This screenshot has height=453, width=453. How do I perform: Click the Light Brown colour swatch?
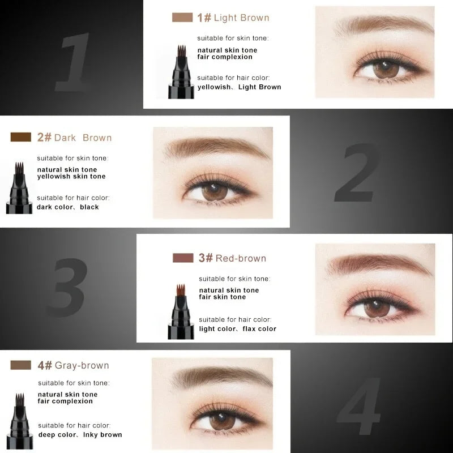182,18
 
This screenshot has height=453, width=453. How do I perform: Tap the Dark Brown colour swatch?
21,137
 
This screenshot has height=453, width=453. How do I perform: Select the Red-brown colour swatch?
183,258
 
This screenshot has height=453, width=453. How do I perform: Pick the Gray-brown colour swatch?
21,365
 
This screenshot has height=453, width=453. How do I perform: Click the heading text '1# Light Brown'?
233,18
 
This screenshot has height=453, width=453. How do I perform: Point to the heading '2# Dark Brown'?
74,138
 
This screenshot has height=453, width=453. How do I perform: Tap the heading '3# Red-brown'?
232,258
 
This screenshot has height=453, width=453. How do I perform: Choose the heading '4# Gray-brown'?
73,365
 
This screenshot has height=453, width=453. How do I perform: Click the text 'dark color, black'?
68,207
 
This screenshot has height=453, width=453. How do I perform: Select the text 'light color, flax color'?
238,329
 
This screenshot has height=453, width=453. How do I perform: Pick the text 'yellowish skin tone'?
71,177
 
